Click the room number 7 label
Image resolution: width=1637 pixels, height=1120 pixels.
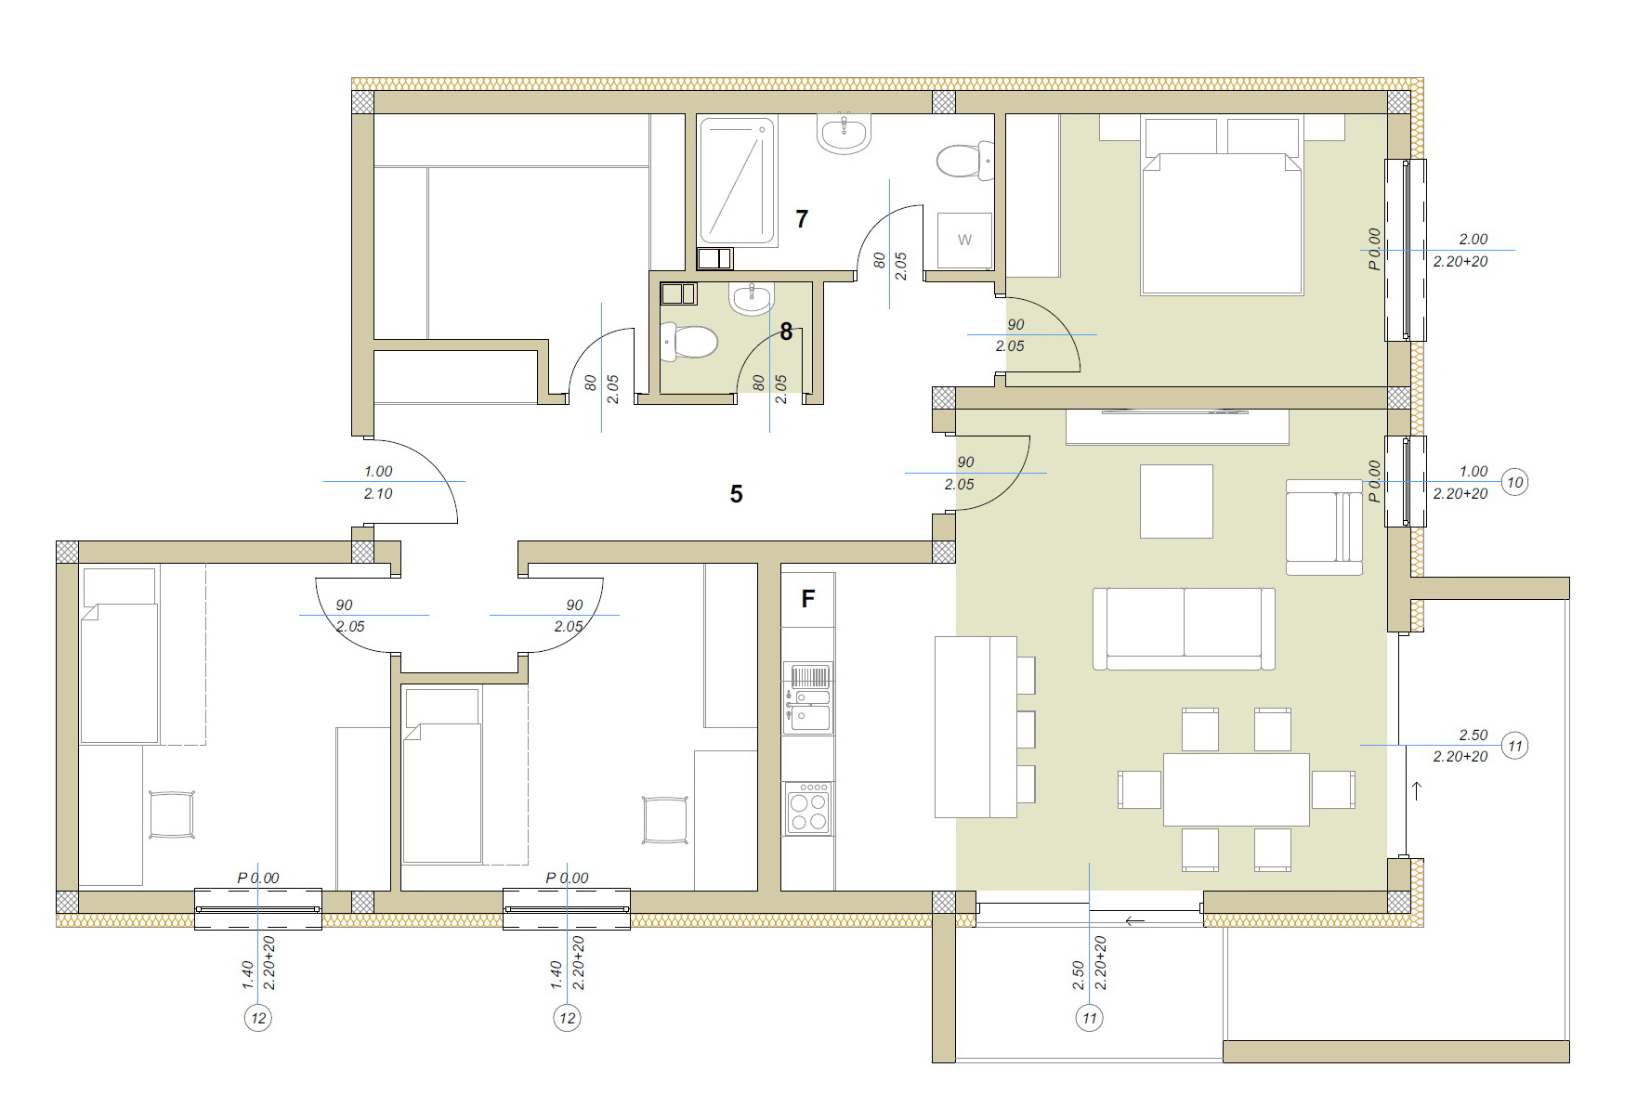(x=802, y=219)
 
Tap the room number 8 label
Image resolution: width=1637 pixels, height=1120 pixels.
(x=786, y=332)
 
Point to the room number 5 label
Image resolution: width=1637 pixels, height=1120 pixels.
(x=736, y=494)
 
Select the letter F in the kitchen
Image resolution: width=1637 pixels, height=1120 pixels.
(x=807, y=599)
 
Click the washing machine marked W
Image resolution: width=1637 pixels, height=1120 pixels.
(x=964, y=241)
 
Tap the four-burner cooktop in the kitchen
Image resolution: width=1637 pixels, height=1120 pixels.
(x=807, y=809)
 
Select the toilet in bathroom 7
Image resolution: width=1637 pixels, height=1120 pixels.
(x=965, y=161)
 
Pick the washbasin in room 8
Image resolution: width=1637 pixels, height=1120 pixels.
(x=752, y=298)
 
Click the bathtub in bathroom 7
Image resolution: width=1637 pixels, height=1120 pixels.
(x=736, y=180)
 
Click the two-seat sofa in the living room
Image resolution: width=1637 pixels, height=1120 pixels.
(x=1184, y=629)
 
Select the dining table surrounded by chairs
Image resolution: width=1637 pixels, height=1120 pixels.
(x=1237, y=789)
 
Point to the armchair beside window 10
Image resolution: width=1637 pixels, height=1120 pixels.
(x=1325, y=527)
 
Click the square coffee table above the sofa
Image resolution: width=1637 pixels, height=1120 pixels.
(x=1176, y=501)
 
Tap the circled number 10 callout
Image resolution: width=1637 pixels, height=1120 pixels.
(x=1515, y=483)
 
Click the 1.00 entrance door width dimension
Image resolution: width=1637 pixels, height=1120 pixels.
(x=378, y=472)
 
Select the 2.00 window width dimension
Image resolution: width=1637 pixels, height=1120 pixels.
(x=1473, y=240)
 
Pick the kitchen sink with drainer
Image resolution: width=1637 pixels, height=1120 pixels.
(x=808, y=697)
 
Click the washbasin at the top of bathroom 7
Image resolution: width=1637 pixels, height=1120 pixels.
(x=845, y=133)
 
